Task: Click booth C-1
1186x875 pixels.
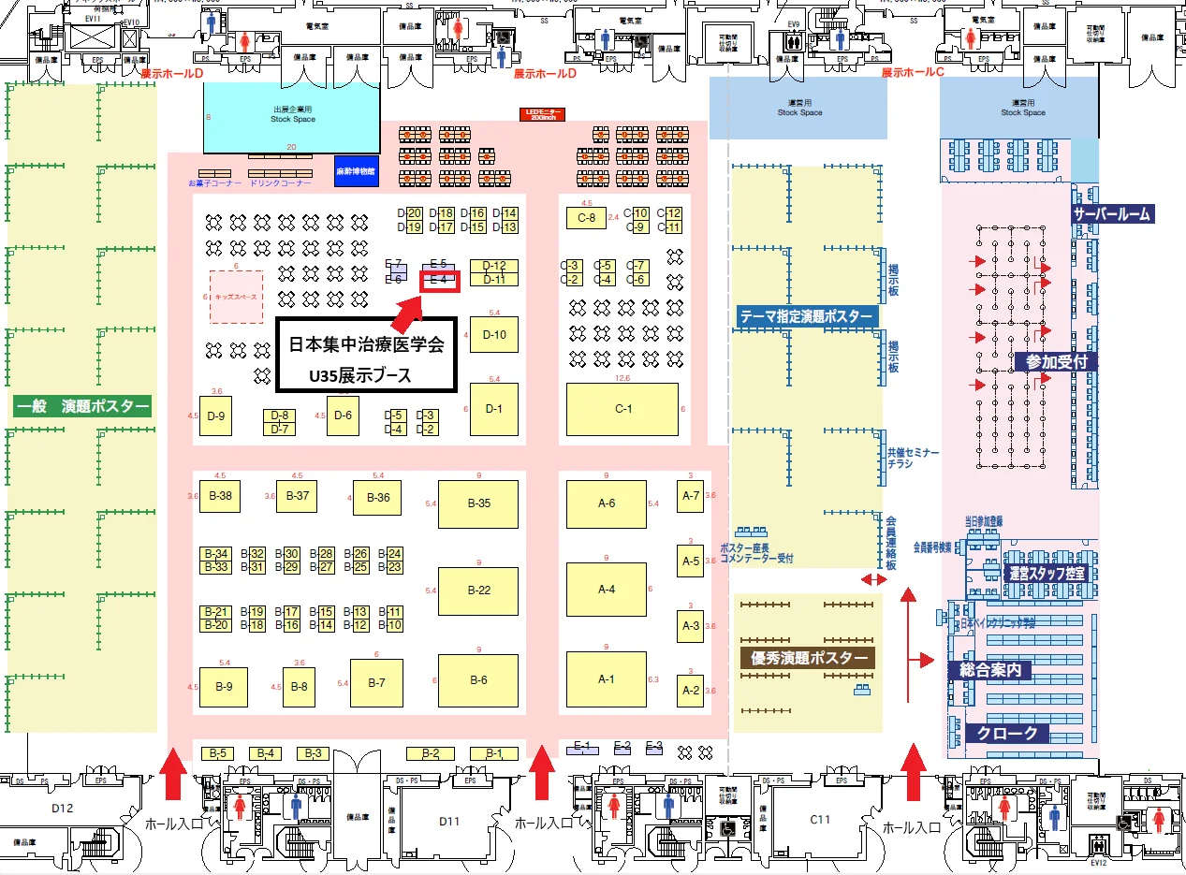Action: tap(622, 410)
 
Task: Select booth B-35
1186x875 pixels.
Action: tap(478, 503)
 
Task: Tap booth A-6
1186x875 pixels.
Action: tap(607, 503)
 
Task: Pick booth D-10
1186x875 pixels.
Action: tap(494, 334)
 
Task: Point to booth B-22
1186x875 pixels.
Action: tap(478, 591)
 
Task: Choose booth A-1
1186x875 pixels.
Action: tap(607, 678)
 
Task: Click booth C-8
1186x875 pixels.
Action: tap(587, 218)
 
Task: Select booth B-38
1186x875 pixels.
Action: tap(220, 496)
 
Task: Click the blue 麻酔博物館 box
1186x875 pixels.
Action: tap(355, 172)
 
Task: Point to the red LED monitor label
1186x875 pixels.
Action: tap(543, 114)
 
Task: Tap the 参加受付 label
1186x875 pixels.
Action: tap(1055, 361)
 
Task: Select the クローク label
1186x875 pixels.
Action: tap(1007, 733)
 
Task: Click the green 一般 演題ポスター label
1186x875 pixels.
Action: tap(82, 406)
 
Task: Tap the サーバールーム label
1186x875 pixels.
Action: tap(1112, 214)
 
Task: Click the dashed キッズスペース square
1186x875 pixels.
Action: tap(236, 297)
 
